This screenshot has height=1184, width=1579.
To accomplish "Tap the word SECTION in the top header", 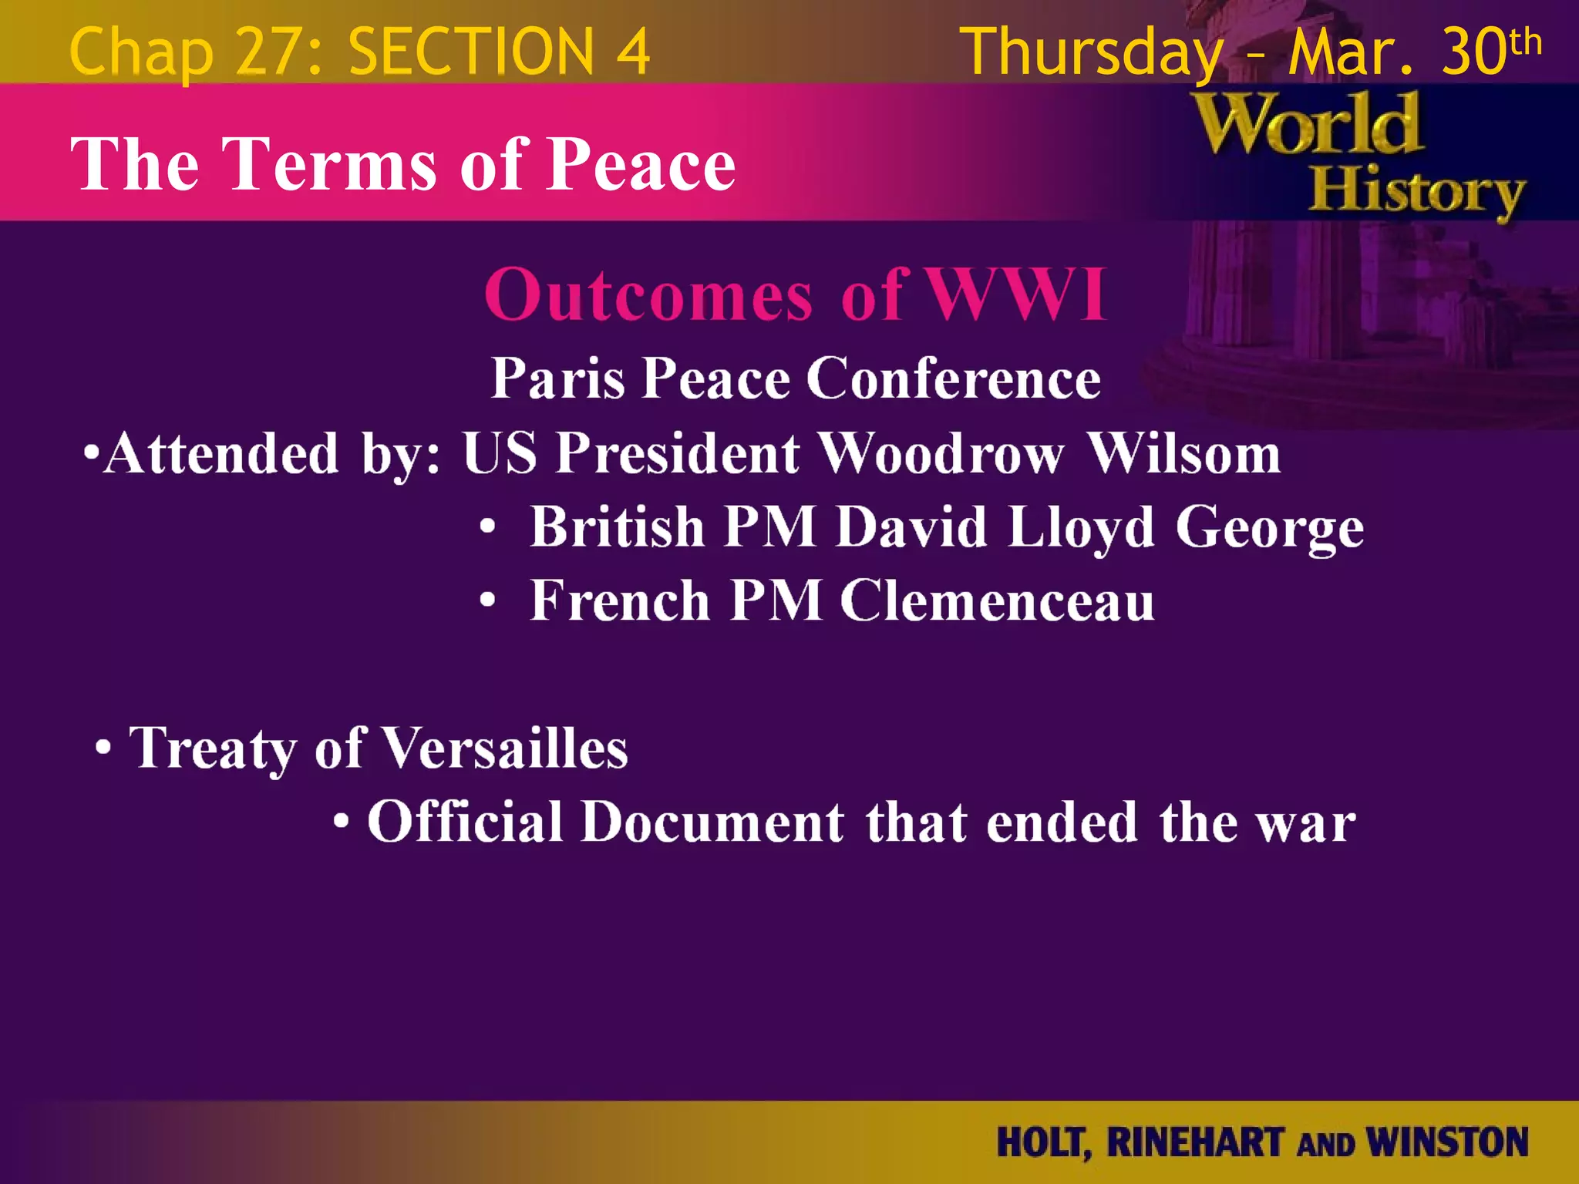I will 470,52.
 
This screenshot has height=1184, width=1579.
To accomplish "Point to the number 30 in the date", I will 1473,52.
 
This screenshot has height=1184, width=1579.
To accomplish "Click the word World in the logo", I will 1308,124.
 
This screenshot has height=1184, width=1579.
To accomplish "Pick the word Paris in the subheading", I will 557,378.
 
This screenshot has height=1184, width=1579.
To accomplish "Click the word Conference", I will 954,378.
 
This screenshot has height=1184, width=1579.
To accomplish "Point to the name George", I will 1269,529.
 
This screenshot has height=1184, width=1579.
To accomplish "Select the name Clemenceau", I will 997,600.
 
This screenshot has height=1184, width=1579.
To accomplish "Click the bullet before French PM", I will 486,600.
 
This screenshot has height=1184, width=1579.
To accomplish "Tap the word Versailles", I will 505,748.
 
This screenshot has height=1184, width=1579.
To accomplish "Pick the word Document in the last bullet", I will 712,822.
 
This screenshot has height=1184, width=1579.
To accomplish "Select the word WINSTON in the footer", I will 1446,1142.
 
